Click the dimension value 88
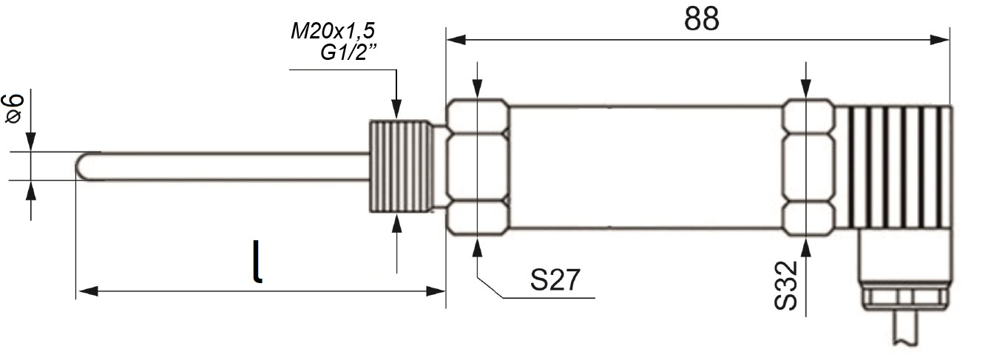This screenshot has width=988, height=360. click(x=701, y=18)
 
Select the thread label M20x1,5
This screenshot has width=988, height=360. click(x=333, y=31)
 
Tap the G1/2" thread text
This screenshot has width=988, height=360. click(x=349, y=52)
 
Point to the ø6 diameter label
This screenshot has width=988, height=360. click(x=13, y=109)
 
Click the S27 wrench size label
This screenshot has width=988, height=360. click(x=555, y=279)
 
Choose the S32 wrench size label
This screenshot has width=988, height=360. click(x=785, y=285)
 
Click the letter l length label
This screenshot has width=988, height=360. click(x=257, y=261)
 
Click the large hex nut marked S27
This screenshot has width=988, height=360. click(x=478, y=167)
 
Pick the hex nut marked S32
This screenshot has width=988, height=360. click(x=809, y=167)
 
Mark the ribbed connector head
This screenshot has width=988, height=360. click(x=894, y=167)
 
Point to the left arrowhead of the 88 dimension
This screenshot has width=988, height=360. click(x=456, y=40)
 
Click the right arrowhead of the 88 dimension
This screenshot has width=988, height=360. click(x=939, y=40)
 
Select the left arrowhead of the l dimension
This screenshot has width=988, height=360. click(x=87, y=291)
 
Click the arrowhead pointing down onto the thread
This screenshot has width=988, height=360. click(x=396, y=109)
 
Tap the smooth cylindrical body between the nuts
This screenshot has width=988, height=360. click(x=646, y=167)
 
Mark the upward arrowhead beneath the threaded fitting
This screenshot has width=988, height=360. click(x=396, y=223)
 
